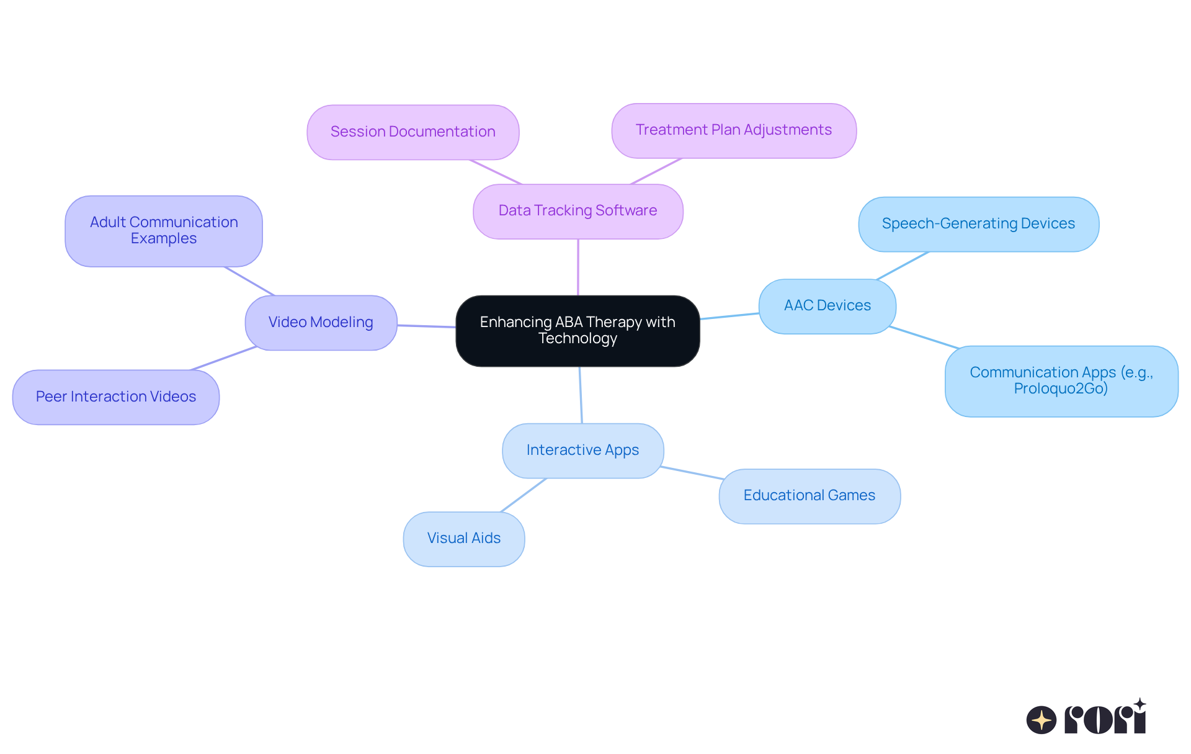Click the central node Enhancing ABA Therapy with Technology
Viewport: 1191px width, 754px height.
pyautogui.click(x=578, y=331)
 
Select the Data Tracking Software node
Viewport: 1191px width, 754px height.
pyautogui.click(x=578, y=211)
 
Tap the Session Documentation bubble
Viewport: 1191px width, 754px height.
pyautogui.click(x=413, y=132)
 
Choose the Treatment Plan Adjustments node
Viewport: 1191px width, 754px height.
pyautogui.click(x=733, y=130)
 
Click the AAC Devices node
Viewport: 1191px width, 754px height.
pyautogui.click(x=827, y=306)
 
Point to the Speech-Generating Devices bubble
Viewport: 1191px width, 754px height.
pyautogui.click(x=978, y=224)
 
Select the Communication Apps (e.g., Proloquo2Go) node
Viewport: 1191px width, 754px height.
pyautogui.click(x=1061, y=381)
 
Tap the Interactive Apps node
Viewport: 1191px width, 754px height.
pyautogui.click(x=582, y=451)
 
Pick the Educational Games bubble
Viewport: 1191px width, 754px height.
pyautogui.click(x=809, y=496)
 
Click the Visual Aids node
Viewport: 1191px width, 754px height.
pyautogui.click(x=463, y=539)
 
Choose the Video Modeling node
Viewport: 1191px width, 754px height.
pyautogui.click(x=321, y=323)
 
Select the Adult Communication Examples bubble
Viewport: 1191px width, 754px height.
pyautogui.click(x=164, y=231)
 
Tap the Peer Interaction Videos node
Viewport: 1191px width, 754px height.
pyautogui.click(x=116, y=397)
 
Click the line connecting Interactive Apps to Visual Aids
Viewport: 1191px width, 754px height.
pyautogui.click(x=524, y=495)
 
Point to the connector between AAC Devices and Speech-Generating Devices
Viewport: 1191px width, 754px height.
pyautogui.click(x=903, y=266)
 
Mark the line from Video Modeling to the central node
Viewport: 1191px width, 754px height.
pyautogui.click(x=427, y=326)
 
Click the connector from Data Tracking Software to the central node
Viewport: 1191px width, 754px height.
pyautogui.click(x=578, y=267)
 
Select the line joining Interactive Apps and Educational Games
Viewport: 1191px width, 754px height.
pyautogui.click(x=692, y=473)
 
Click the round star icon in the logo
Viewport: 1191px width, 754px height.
pyautogui.click(x=1042, y=720)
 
